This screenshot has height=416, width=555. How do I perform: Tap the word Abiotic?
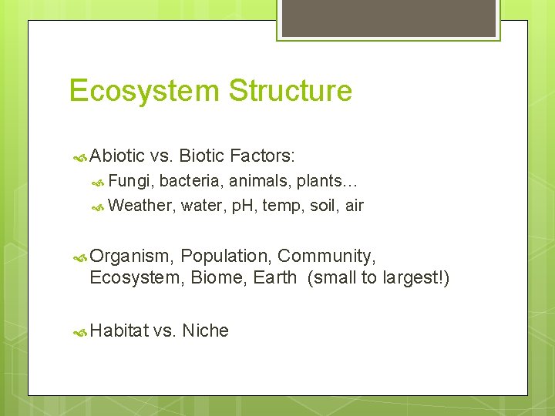[x=117, y=156]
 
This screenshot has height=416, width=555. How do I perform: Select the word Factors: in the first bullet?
[x=259, y=156]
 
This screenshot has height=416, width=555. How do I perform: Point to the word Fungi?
[x=131, y=181]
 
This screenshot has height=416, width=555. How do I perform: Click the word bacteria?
[x=189, y=181]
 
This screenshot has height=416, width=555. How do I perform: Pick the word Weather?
[x=143, y=206]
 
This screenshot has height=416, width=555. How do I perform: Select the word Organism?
[x=131, y=257]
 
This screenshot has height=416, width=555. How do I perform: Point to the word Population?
[x=226, y=257]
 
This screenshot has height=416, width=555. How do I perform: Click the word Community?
[x=327, y=257]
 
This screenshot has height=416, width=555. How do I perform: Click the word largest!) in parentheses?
[x=415, y=277]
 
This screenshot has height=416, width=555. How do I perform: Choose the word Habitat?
[x=119, y=330]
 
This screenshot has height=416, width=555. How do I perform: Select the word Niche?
[x=205, y=330]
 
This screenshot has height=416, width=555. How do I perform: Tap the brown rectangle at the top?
[x=388, y=18]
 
